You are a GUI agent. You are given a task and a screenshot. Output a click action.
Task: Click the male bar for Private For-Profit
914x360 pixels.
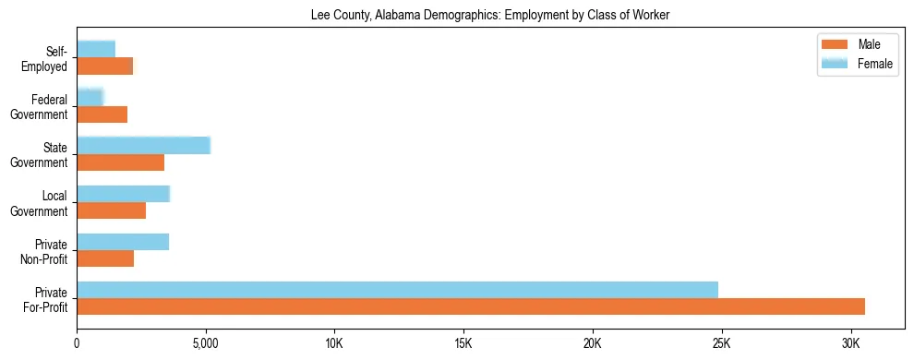pyautogui.click(x=471, y=306)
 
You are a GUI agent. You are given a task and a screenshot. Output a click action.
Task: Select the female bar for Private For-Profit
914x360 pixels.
pyautogui.click(x=397, y=290)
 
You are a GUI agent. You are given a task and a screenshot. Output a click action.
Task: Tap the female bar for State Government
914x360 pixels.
pyautogui.click(x=143, y=145)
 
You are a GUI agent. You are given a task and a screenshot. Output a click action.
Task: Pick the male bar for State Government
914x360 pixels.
pyautogui.click(x=120, y=162)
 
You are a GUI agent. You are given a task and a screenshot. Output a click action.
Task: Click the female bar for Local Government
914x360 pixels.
pyautogui.click(x=123, y=194)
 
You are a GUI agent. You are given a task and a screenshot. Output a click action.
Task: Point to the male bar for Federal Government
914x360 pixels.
pyautogui.click(x=102, y=114)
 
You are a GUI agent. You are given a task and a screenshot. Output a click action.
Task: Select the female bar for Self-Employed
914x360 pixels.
pyautogui.click(x=96, y=49)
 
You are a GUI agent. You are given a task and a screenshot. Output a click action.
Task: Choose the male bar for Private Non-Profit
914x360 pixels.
pyautogui.click(x=105, y=258)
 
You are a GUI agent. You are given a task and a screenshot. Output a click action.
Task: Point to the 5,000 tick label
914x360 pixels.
pyautogui.click(x=205, y=343)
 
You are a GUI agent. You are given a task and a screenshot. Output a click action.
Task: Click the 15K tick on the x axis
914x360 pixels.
pyautogui.click(x=463, y=343)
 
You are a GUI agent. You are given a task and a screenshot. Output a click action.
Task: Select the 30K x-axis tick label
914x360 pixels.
pyautogui.click(x=850, y=343)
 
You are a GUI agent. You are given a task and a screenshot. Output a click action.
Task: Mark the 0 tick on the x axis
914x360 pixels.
pyautogui.click(x=77, y=343)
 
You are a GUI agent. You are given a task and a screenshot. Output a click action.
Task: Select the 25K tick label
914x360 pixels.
pyautogui.click(x=721, y=343)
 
